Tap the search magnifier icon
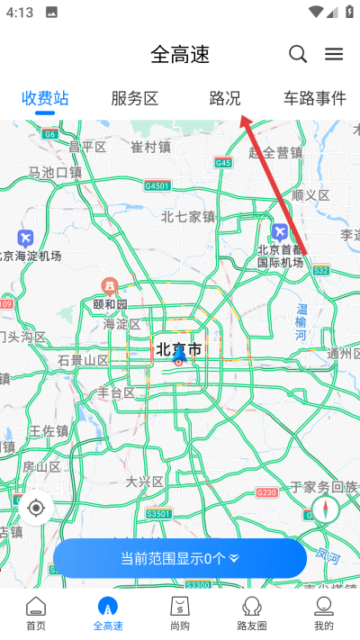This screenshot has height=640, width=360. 298,54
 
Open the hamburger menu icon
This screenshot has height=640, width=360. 334,54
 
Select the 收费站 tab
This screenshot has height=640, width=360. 45,98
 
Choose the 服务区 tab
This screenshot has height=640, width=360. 135,98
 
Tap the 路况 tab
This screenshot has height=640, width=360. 225,98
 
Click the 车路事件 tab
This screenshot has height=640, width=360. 314,98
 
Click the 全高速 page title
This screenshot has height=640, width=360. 180,54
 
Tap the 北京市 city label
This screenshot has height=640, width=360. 178,348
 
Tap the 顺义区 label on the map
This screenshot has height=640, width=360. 311,194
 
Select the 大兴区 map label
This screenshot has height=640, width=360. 145,482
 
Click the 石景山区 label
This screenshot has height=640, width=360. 83,360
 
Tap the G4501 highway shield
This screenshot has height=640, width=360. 157,185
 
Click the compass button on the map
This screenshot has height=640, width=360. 325,510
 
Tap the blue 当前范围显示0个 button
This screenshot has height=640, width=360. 180,558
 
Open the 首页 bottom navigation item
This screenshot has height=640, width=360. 36,612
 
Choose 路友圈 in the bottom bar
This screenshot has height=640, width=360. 252,612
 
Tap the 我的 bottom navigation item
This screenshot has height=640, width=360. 324,612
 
